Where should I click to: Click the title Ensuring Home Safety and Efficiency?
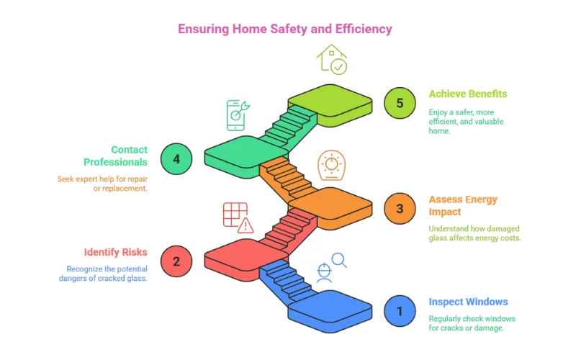(285, 29)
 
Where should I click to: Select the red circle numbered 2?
(176, 261)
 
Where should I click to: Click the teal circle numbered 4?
(176, 158)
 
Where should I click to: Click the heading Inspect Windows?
(468, 302)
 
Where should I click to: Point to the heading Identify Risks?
(116, 252)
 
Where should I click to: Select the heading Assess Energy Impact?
(463, 205)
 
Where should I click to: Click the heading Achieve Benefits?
(468, 94)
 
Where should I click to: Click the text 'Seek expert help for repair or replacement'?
(102, 183)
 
